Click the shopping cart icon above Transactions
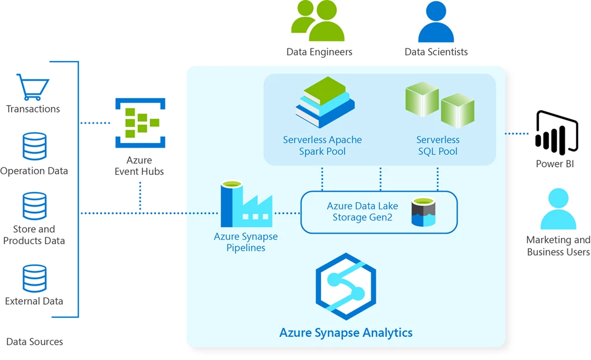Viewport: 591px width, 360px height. pyautogui.click(x=33, y=87)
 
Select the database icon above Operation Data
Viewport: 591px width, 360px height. pyautogui.click(x=34, y=147)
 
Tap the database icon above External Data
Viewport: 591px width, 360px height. pyautogui.click(x=34, y=279)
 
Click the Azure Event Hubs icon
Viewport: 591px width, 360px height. pyautogui.click(x=140, y=123)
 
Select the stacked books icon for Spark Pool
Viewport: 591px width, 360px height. pyautogui.click(x=324, y=102)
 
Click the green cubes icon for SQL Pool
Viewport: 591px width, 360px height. pyautogui.click(x=439, y=104)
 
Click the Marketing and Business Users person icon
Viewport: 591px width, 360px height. pyautogui.click(x=558, y=209)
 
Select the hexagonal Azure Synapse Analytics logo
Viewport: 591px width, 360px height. pyautogui.click(x=346, y=286)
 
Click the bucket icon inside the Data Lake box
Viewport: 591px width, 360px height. pyautogui.click(x=423, y=212)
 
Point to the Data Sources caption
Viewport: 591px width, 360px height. pyautogui.click(x=35, y=342)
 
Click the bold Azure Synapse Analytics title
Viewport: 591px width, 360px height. pyautogui.click(x=346, y=333)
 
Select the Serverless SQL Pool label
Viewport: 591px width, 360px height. pyautogui.click(x=437, y=145)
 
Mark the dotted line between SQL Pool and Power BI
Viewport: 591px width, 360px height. pyautogui.click(x=517, y=134)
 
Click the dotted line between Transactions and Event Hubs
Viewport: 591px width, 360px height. pyautogui.click(x=95, y=123)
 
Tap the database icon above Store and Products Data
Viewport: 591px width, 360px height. pyautogui.click(x=34, y=206)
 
